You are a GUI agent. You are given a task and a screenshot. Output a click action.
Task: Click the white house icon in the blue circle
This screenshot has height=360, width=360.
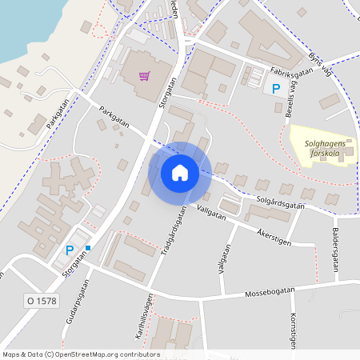[x=179, y=173]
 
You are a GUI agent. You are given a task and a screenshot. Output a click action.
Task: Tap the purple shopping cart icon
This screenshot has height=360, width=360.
[x=145, y=76]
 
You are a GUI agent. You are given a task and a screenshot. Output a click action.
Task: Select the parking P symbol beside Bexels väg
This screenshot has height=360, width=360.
[x=277, y=90]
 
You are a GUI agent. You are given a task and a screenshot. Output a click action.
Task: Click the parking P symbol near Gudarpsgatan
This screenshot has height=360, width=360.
[x=70, y=250]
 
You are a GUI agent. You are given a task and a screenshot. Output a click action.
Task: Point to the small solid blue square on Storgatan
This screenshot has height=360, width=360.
[x=89, y=248]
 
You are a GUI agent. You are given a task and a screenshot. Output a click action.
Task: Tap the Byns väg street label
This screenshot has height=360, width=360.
[x=318, y=63]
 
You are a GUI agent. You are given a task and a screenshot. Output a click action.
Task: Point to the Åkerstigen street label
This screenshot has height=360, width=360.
[x=274, y=236]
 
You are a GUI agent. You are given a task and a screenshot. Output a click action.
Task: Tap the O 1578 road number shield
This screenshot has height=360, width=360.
[x=39, y=300]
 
